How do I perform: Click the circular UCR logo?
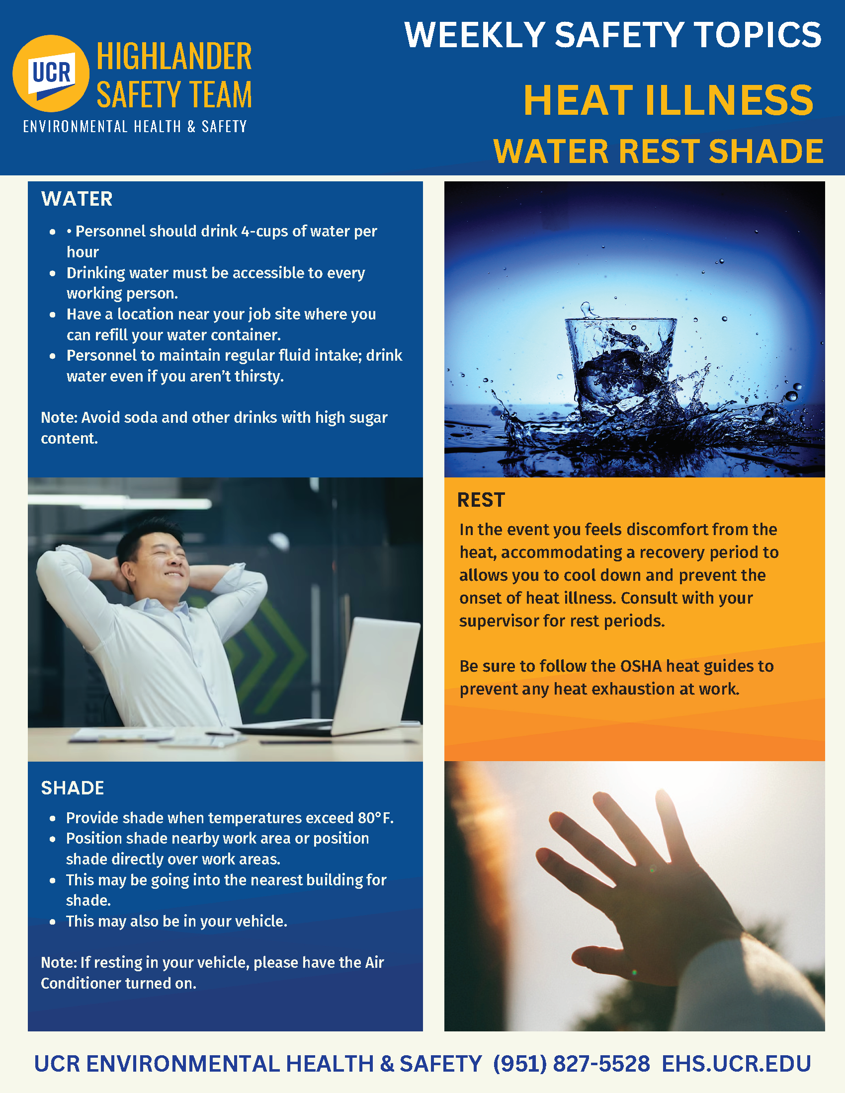pyautogui.click(x=51, y=74)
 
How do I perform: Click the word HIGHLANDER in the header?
pyautogui.click(x=174, y=57)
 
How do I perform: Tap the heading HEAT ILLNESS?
pyautogui.click(x=668, y=100)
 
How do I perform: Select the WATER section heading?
pyautogui.click(x=77, y=199)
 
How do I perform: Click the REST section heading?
pyautogui.click(x=481, y=500)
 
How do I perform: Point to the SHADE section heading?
pyautogui.click(x=73, y=788)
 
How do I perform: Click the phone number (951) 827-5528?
pyautogui.click(x=571, y=1064)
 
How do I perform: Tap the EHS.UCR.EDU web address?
pyautogui.click(x=736, y=1064)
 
